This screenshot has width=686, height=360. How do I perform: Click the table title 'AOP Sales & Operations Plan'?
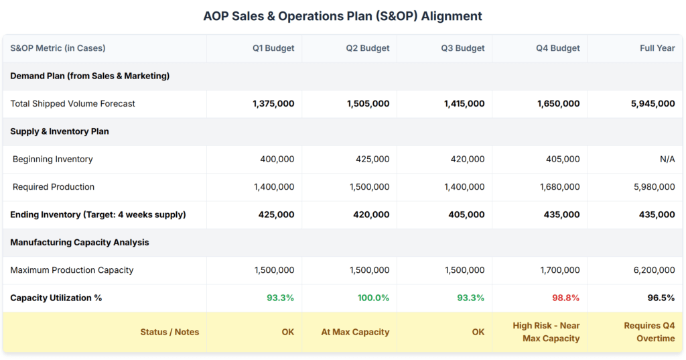342,16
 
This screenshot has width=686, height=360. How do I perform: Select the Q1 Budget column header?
273,48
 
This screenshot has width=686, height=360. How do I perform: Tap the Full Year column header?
657,48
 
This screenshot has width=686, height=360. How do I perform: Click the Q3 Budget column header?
463,48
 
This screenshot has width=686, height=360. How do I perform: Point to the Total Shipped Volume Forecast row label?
72,104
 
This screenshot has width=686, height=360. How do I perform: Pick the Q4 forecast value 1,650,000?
558,104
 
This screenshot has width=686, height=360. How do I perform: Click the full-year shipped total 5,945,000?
653,104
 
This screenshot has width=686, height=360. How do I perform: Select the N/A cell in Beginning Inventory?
667,160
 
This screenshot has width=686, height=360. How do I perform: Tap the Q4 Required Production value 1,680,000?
559,187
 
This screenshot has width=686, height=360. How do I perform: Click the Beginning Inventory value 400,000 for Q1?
277,160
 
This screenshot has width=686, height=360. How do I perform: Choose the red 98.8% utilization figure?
565,298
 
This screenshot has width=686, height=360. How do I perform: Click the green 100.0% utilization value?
373,298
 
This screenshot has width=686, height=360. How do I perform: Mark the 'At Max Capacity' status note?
356,332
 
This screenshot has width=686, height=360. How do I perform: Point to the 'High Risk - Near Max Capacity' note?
546,332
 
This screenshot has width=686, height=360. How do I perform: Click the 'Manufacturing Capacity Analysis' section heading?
79,243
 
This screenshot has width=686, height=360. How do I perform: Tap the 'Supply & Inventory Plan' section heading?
60,131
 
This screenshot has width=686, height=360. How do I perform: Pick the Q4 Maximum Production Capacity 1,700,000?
559,270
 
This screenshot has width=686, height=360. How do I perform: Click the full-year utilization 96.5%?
661,298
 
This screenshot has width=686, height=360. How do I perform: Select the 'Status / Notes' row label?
169,332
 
